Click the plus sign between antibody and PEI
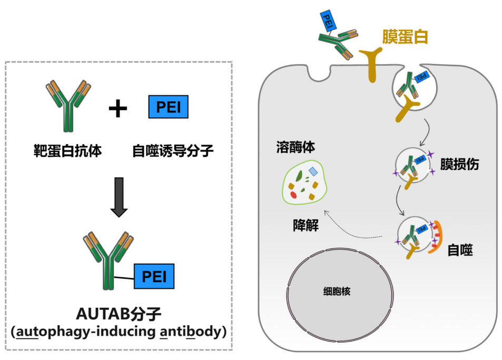[x=118, y=109]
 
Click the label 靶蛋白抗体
[x=67, y=152]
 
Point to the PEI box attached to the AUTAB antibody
[x=154, y=276]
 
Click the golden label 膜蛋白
[x=405, y=36]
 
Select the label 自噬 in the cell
[x=460, y=249]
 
